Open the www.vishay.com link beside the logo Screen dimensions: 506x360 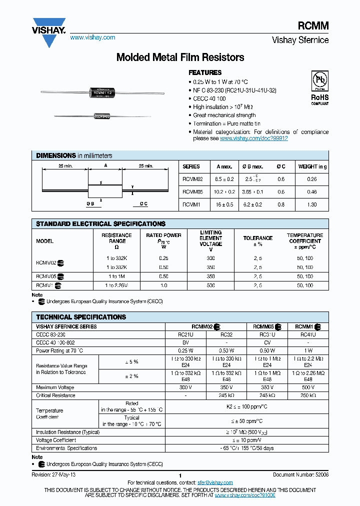point(92,37)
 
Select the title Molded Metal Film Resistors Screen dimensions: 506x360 point(180,57)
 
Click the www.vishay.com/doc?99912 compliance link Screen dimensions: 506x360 point(253,138)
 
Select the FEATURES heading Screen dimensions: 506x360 point(205,72)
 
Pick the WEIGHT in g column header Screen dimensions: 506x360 point(312,166)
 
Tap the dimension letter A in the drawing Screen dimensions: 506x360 point(105,166)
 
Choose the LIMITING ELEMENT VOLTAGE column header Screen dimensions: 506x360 point(210,241)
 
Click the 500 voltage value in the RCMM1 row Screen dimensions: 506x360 point(210,285)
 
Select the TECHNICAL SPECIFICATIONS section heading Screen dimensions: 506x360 point(81,317)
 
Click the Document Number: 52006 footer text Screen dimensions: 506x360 point(300,474)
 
